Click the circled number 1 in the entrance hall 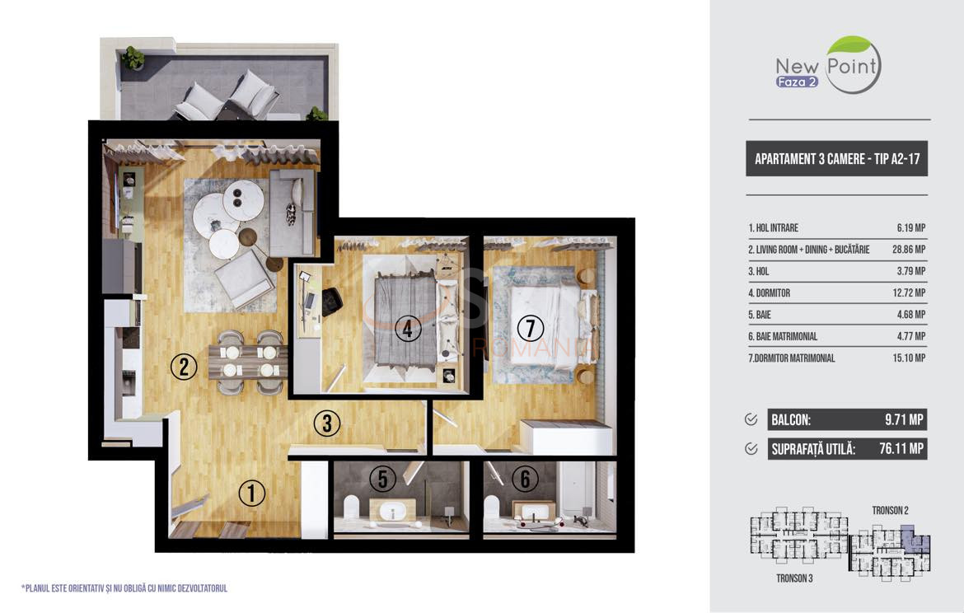[251, 493]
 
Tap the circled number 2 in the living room [183, 367]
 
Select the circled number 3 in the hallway [326, 423]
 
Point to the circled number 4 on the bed [408, 328]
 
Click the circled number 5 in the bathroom [382, 479]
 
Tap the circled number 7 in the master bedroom [531, 328]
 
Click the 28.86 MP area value [909, 250]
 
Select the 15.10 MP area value [909, 358]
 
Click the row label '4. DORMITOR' [769, 293]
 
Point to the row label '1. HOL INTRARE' [773, 228]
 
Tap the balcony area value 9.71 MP [904, 420]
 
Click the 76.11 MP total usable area [901, 449]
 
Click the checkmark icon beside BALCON [751, 419]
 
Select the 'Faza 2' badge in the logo [797, 82]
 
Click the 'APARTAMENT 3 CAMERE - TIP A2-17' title [837, 159]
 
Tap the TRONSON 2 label [890, 510]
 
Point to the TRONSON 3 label [794, 578]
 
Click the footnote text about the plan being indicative [124, 588]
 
